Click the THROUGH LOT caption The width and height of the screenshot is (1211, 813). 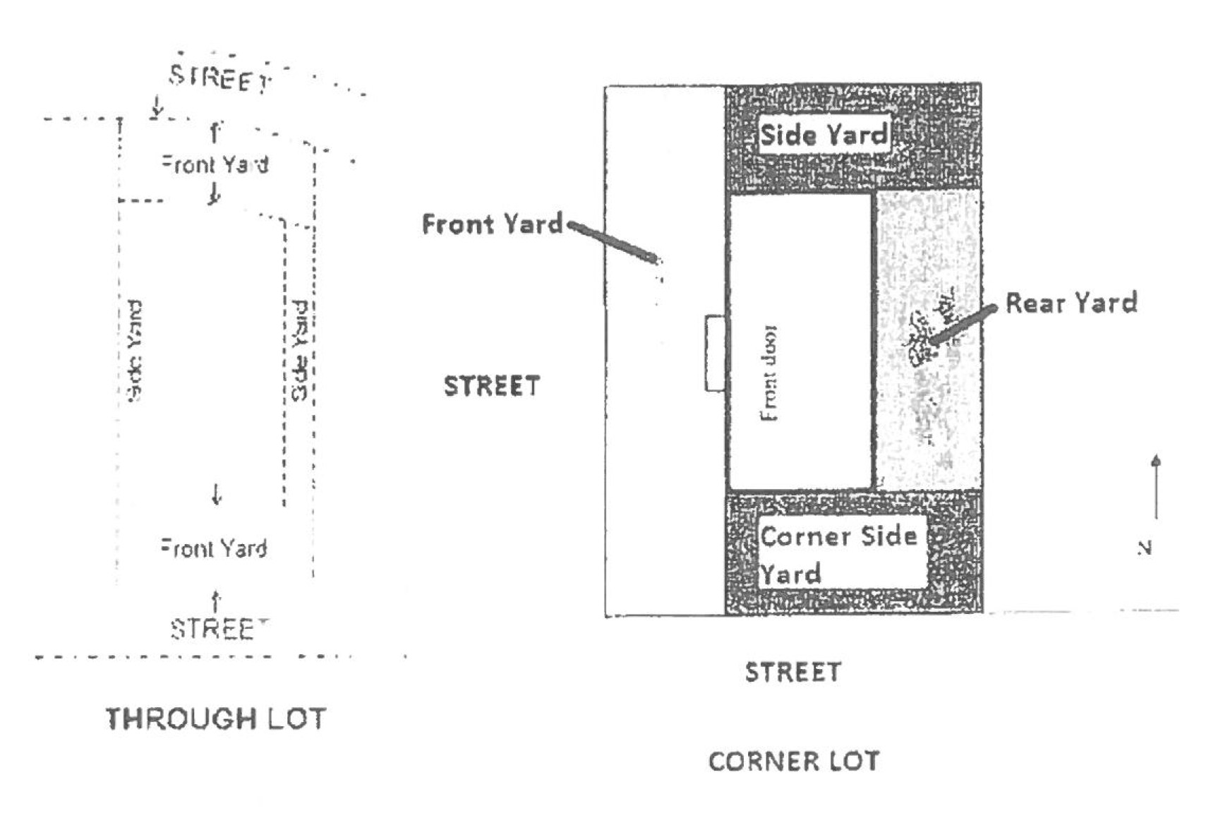pos(216,719)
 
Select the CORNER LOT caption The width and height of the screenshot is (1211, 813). pos(794,761)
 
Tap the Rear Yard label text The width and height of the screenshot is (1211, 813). pos(1071,303)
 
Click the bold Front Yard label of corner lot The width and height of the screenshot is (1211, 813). pos(492,224)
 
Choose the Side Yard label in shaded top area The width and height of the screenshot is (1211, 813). pos(823,134)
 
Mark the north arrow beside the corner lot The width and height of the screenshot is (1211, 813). pos(1155,487)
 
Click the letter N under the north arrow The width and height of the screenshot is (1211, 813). pos(1145,548)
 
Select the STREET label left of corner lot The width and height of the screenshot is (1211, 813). pos(492,386)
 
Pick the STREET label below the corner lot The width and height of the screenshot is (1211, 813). pos(793,672)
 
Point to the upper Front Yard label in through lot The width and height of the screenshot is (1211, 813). pos(215,164)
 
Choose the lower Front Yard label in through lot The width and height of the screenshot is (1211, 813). pos(214,548)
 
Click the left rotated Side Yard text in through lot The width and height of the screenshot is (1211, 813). pos(134,351)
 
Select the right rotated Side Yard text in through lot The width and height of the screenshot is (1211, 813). pos(300,351)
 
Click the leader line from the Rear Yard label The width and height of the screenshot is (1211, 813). pos(964,325)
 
